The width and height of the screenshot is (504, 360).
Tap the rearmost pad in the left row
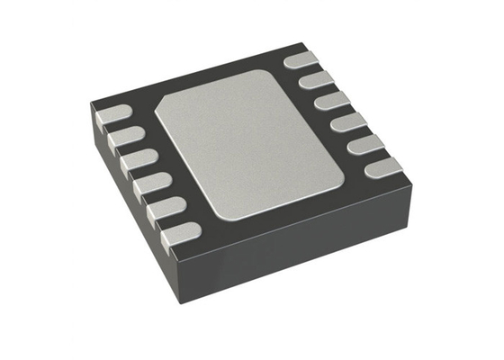coord(112,116)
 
